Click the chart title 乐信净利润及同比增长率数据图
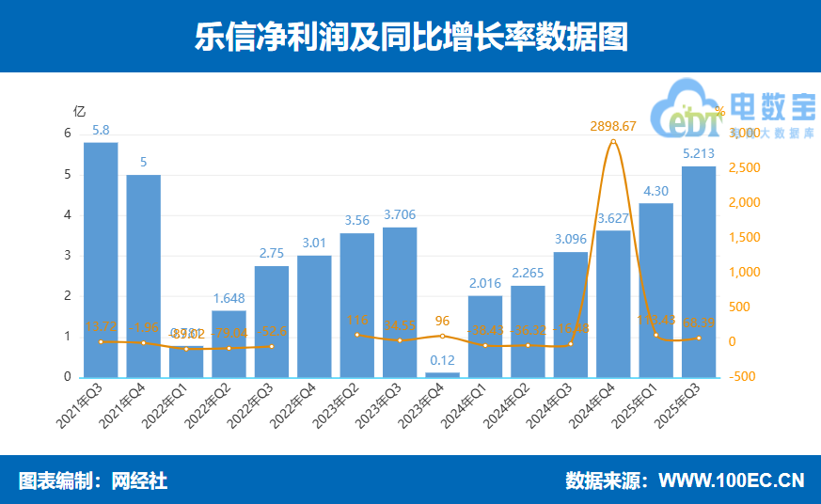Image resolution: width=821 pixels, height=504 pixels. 410,37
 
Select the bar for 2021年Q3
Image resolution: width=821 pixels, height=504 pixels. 101,260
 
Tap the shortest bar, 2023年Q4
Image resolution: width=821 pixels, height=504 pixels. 443,374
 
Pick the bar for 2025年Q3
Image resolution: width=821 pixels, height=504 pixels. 699,272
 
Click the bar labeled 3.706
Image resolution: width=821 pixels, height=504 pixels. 400,302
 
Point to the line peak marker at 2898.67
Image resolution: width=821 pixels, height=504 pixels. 613,142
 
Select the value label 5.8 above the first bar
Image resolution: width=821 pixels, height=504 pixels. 101,130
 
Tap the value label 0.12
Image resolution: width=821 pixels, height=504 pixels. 443,360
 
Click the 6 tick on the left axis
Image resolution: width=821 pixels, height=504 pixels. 68,134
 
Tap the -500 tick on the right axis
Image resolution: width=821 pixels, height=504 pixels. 743,377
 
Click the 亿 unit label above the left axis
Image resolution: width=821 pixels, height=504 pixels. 80,111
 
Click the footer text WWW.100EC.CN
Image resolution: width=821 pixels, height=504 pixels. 731,480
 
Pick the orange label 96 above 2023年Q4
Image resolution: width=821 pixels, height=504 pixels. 443,319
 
